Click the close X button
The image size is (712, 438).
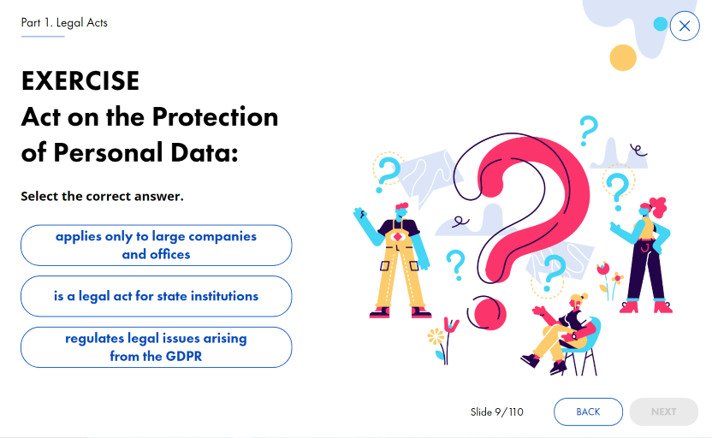coord(685,26)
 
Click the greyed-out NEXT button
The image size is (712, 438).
coord(663,411)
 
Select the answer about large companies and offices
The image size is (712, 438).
coord(157,246)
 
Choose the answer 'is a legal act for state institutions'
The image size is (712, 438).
coord(157,296)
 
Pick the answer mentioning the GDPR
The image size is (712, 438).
coord(157,347)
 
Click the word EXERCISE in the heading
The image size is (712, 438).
coord(80,81)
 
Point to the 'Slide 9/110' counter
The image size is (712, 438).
coord(496,412)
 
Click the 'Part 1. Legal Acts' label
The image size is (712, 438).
coord(64,23)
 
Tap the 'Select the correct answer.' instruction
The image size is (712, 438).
coord(102,196)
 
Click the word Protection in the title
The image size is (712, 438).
coord(215,117)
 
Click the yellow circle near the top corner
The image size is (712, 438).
coord(623,57)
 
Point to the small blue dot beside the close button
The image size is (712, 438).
coord(661,24)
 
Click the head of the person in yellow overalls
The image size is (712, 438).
coord(401,211)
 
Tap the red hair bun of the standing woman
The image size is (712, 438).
coord(659,206)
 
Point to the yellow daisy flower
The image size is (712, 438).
coord(436,337)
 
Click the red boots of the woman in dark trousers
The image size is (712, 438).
coord(646,307)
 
